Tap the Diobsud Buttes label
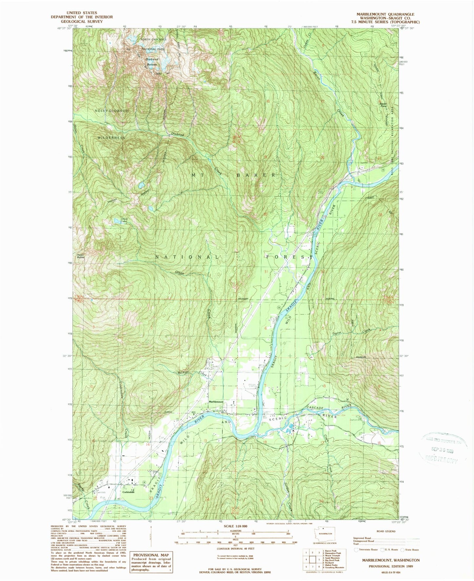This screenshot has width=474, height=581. [152, 62]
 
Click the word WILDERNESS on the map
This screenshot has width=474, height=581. [111, 138]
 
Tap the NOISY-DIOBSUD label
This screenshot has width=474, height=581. [112, 111]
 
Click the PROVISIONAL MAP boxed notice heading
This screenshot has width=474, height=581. [151, 555]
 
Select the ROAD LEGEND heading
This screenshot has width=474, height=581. [386, 531]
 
